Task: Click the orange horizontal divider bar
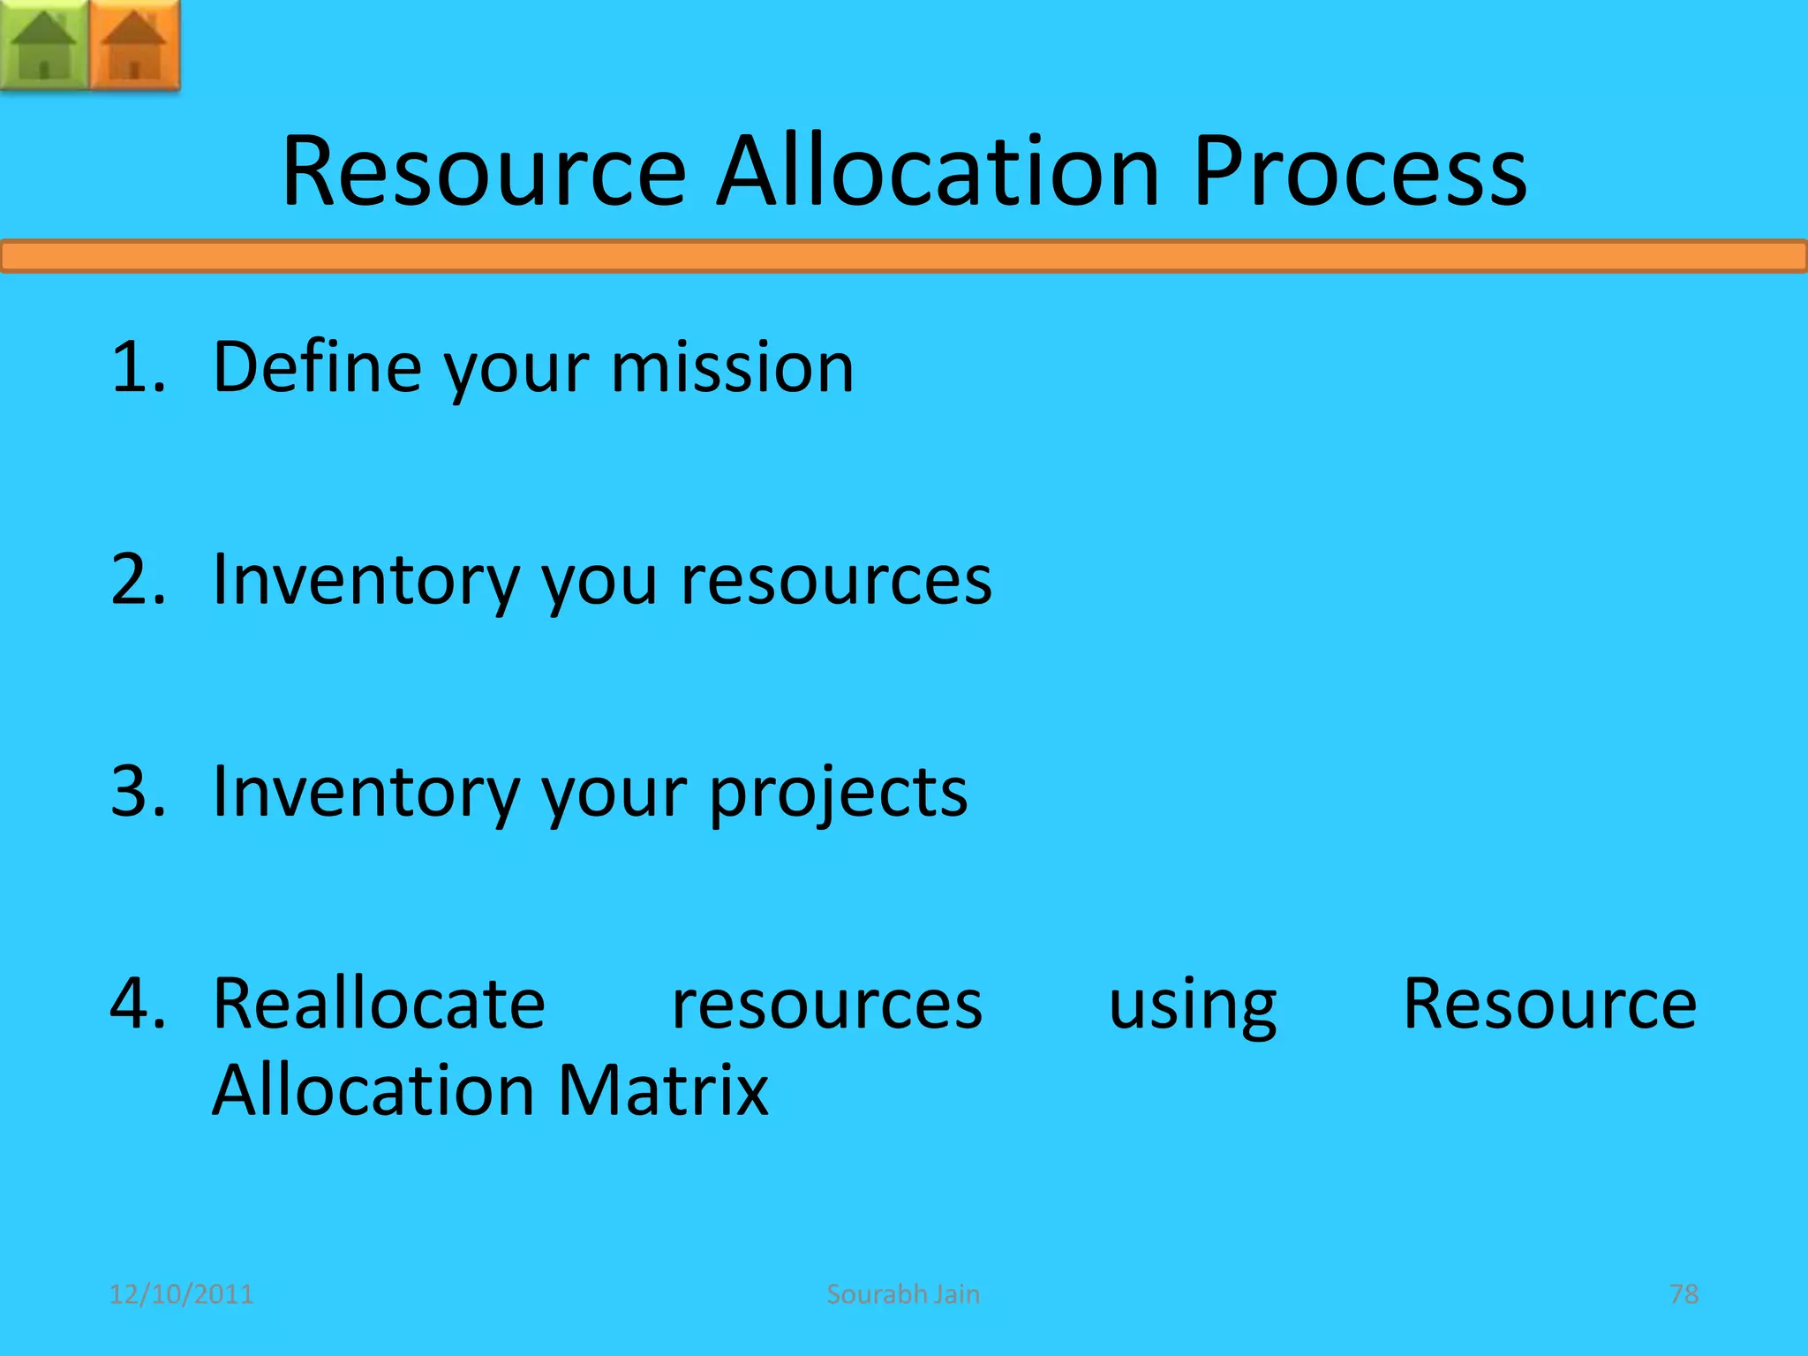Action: click(x=904, y=257)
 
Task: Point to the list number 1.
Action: click(x=137, y=366)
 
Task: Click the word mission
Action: click(x=732, y=366)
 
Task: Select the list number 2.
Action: click(x=137, y=579)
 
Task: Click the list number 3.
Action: click(x=137, y=791)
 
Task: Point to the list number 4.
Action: click(x=137, y=1004)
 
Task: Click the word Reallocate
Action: click(x=379, y=1004)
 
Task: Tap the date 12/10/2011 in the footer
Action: click(x=181, y=1294)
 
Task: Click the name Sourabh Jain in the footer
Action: click(x=903, y=1294)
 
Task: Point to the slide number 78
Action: click(x=1684, y=1294)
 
